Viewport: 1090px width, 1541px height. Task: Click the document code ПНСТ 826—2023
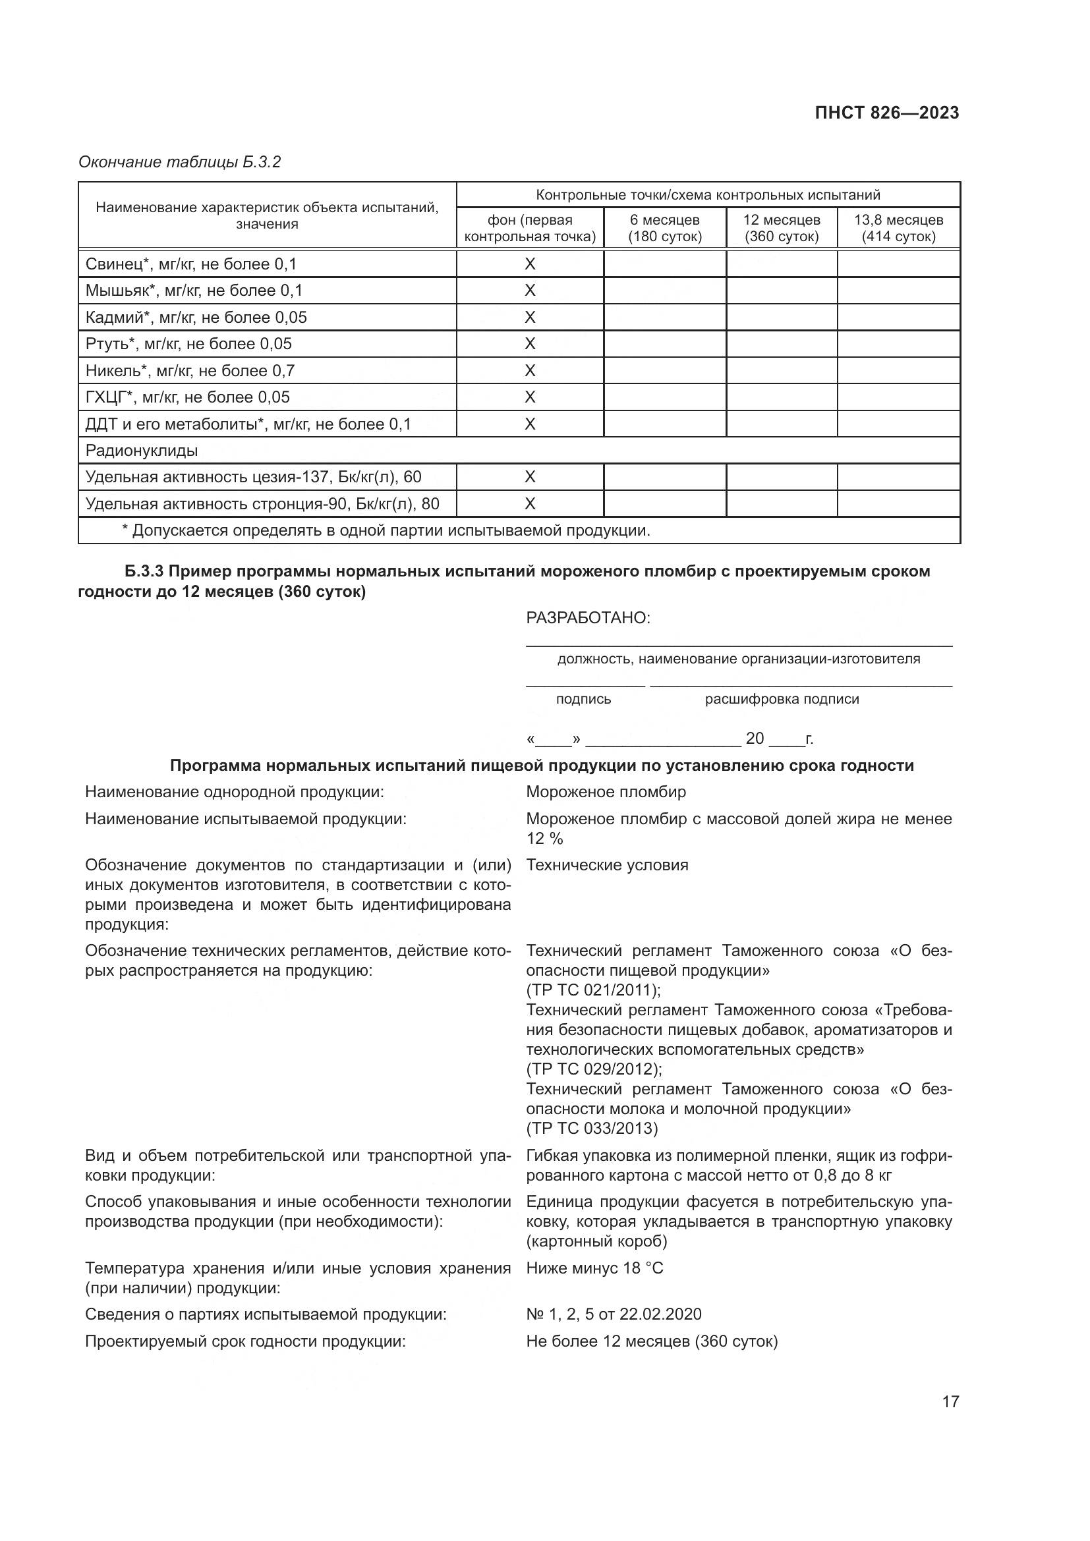pos(886,113)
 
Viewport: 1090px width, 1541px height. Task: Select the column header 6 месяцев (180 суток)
pos(664,228)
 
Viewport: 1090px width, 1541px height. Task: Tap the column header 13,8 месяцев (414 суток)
pos(898,228)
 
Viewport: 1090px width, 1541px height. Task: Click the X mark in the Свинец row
pos(530,264)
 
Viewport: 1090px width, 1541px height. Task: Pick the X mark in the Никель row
pos(530,370)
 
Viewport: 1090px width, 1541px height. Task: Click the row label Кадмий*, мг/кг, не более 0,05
pos(196,317)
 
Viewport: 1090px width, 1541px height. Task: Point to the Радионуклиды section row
pos(142,451)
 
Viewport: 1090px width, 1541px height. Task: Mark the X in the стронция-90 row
pos(530,503)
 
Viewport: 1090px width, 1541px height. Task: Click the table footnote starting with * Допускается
pos(386,530)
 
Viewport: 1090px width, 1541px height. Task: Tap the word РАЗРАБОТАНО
pos(588,618)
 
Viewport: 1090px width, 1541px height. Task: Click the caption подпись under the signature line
pos(583,700)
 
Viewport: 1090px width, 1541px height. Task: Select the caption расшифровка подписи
pos(782,700)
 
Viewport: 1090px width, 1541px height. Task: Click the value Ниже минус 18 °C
pos(594,1268)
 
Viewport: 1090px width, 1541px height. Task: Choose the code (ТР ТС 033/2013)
pos(591,1128)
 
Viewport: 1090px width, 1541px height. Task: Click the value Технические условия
pos(607,865)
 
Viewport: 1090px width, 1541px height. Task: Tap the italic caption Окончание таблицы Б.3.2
pos(179,162)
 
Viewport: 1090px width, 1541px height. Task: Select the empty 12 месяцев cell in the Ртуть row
pos(782,344)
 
